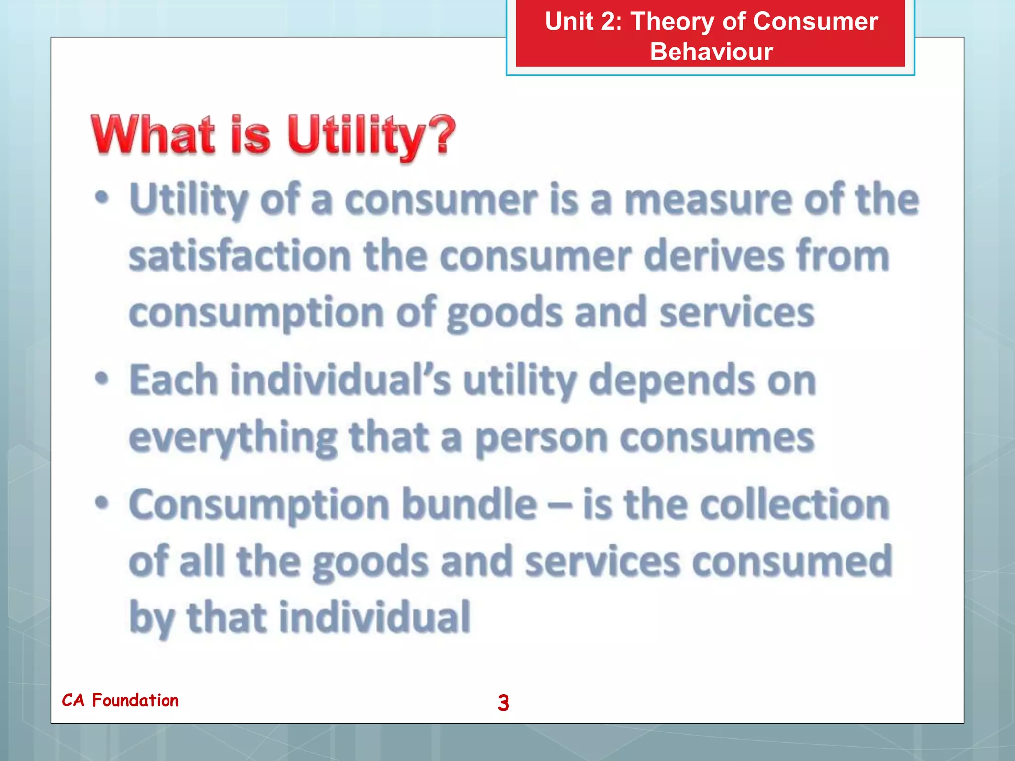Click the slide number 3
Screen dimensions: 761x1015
pos(503,703)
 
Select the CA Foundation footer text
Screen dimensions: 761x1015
pos(120,700)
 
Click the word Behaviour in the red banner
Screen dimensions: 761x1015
pos(711,52)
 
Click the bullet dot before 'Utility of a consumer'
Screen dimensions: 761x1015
pos(102,198)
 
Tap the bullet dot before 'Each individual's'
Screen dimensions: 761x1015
pos(102,379)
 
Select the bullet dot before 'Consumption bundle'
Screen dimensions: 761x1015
pos(102,503)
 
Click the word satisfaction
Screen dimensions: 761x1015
pos(240,256)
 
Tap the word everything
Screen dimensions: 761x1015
pos(233,438)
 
